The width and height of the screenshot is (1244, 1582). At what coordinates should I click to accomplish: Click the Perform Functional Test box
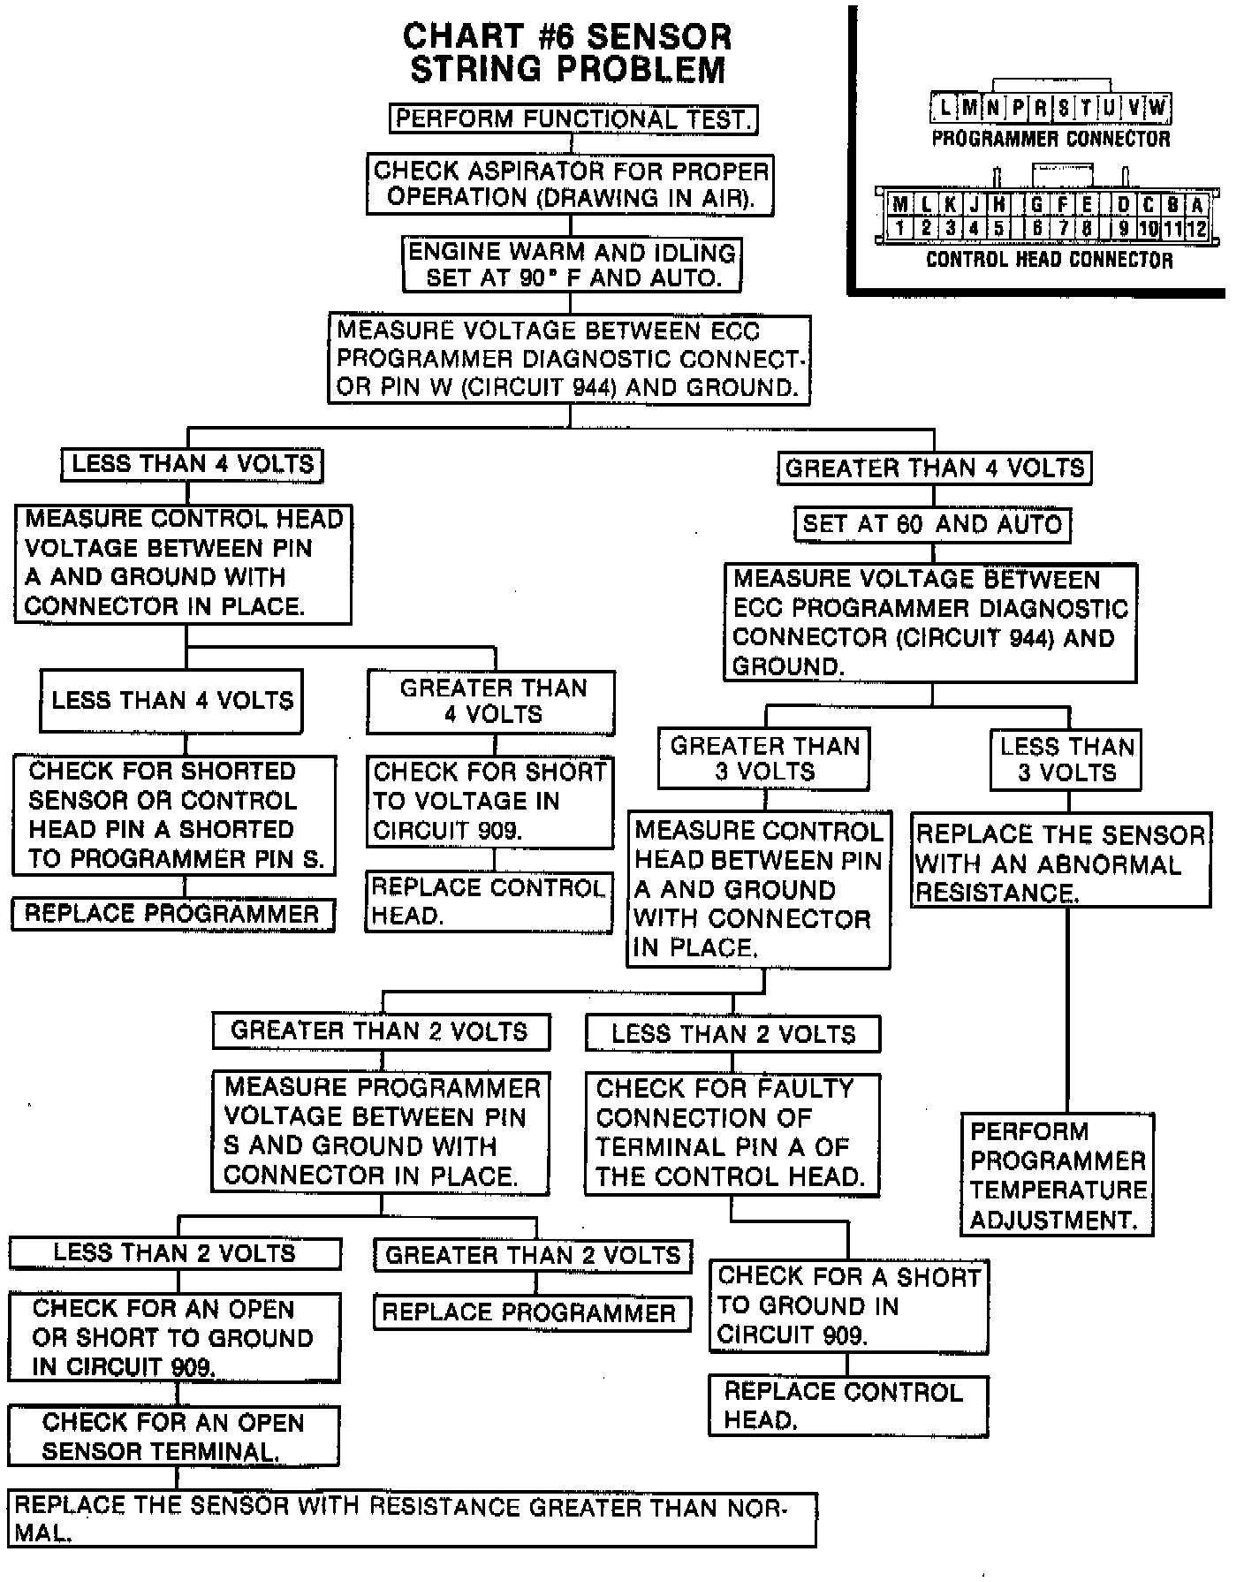[x=573, y=118]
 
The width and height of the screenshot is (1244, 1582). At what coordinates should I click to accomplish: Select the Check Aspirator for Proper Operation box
[x=570, y=184]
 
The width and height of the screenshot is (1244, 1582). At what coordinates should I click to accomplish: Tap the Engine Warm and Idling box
[x=572, y=264]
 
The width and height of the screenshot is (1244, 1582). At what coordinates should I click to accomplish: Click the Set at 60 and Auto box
[x=932, y=524]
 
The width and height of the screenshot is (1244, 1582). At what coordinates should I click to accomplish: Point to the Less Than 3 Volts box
[x=1066, y=759]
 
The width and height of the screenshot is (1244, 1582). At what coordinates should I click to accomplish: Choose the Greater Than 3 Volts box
[x=763, y=758]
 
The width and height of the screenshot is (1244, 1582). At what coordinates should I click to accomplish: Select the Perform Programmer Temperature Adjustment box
[x=1058, y=1175]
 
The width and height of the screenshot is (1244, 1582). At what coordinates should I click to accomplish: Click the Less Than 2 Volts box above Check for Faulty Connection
[x=732, y=1033]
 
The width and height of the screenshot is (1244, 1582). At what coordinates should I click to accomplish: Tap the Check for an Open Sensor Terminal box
[x=173, y=1436]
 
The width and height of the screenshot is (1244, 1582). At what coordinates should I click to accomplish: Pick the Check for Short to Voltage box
[x=490, y=801]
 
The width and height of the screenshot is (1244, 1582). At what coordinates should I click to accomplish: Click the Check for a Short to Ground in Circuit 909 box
[x=848, y=1306]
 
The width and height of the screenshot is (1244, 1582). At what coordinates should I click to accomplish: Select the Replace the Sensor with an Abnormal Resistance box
[x=1060, y=863]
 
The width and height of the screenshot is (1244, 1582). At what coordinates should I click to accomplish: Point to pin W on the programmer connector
[x=1158, y=109]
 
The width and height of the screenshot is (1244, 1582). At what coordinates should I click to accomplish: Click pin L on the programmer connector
[x=944, y=109]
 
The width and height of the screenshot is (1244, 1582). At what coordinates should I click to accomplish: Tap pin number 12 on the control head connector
[x=1196, y=228]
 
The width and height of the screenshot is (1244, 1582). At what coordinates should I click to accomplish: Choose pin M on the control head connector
[x=899, y=206]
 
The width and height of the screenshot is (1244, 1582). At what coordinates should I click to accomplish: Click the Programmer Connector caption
[x=1051, y=139]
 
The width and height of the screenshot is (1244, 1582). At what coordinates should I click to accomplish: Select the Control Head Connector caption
[x=1049, y=260]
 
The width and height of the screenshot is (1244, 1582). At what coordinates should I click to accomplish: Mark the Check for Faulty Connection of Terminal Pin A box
[x=732, y=1134]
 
